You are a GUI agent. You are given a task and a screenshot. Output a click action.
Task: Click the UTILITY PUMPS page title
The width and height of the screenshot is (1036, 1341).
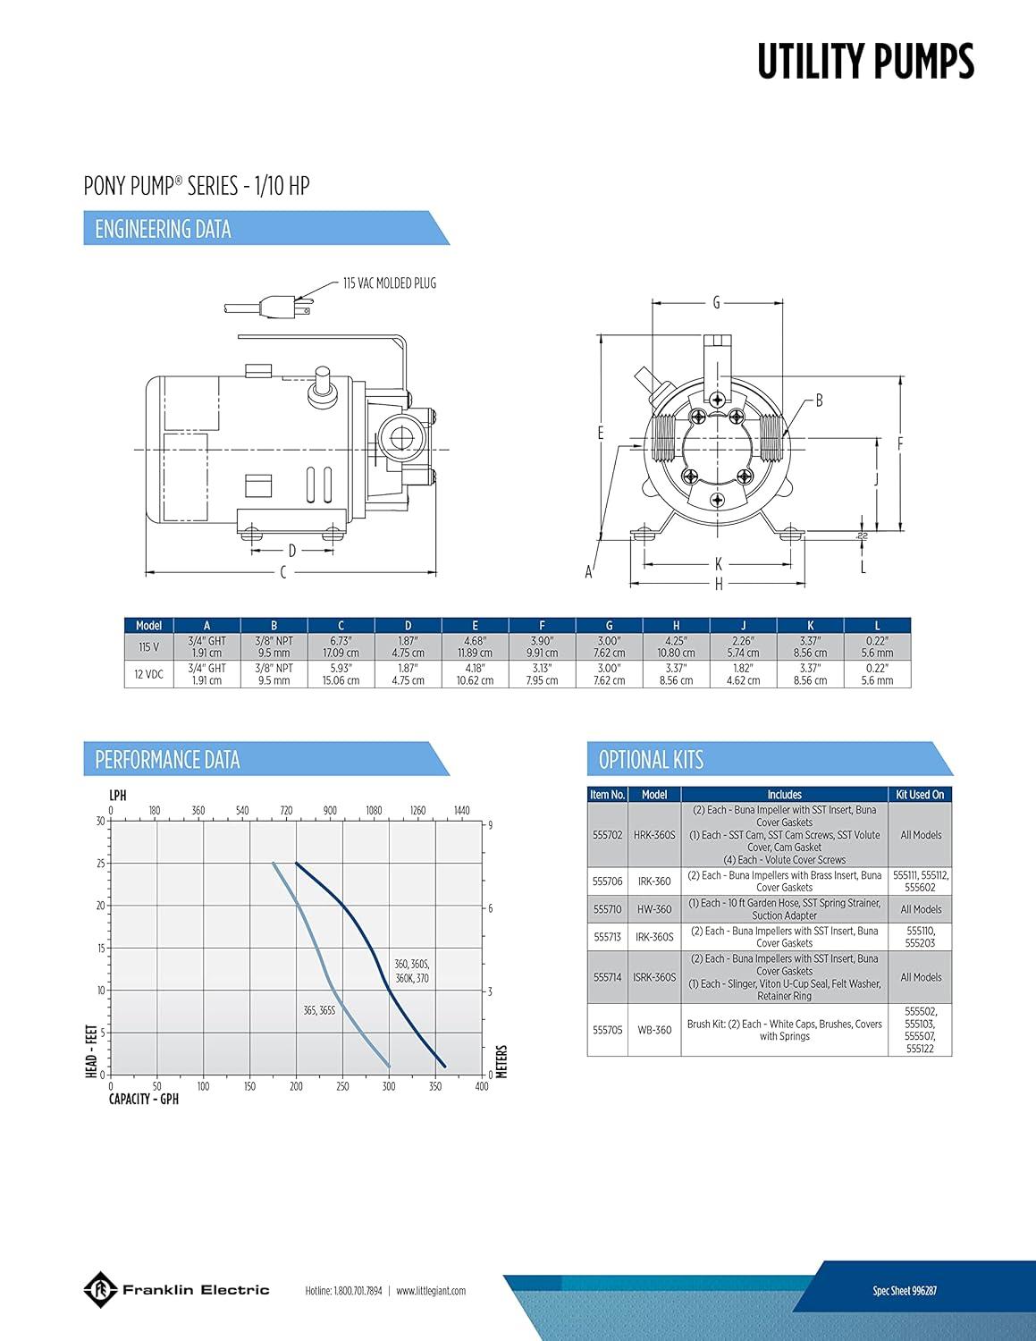(865, 61)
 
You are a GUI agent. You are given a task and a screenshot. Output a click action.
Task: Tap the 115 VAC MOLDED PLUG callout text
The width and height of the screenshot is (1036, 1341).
(390, 283)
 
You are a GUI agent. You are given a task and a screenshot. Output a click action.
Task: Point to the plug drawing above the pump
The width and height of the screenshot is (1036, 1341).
(269, 306)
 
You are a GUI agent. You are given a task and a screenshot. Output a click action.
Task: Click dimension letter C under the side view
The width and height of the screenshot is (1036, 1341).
(283, 573)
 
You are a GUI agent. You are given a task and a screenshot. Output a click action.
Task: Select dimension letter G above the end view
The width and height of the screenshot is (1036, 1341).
(716, 302)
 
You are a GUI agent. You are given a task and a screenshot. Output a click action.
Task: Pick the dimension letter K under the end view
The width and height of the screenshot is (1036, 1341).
(719, 563)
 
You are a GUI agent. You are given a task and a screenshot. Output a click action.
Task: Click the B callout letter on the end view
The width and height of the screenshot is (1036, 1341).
(820, 401)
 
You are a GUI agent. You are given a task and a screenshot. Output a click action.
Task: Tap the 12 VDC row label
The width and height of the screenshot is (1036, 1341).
(148, 674)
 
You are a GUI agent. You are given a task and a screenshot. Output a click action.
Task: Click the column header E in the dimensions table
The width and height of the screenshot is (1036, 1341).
(475, 626)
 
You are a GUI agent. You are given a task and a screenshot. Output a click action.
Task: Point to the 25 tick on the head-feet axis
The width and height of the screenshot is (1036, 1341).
(101, 864)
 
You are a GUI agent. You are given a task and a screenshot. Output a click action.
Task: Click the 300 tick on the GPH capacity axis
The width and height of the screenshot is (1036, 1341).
(389, 1086)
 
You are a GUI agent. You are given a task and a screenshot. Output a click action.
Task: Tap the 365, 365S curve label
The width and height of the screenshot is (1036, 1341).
(319, 1011)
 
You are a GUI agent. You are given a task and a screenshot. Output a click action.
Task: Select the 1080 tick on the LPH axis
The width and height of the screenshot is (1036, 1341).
(374, 810)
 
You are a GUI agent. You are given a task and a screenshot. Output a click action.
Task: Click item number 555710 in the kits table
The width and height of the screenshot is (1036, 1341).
(607, 909)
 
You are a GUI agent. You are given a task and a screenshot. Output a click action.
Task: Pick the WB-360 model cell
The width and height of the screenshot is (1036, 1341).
(654, 1030)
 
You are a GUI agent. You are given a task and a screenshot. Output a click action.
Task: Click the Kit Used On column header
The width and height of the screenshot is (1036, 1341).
(920, 794)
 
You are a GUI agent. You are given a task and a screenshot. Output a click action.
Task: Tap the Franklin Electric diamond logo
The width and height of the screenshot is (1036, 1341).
(101, 1290)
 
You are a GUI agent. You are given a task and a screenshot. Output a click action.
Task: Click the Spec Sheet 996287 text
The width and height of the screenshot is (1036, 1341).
(905, 1290)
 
